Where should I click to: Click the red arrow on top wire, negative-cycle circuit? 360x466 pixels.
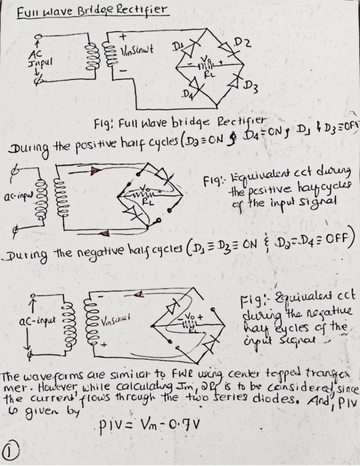click(139, 296)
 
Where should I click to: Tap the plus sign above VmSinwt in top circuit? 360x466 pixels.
click(122, 36)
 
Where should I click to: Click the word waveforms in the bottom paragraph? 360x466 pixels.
click(48, 376)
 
